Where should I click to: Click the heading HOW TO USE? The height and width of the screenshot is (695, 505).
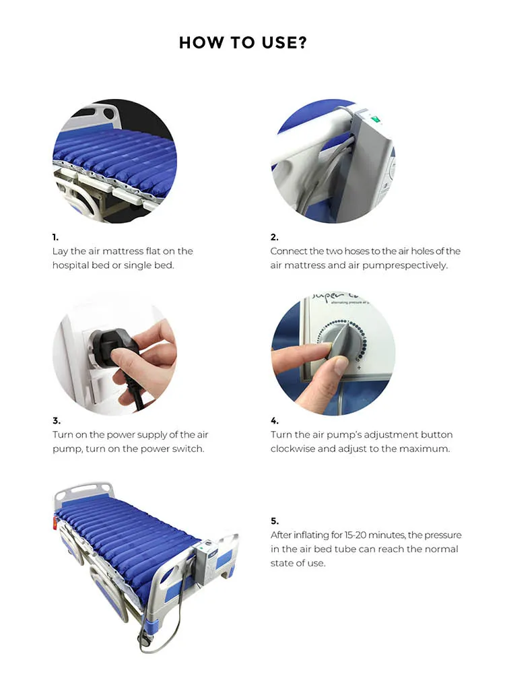[x=243, y=43]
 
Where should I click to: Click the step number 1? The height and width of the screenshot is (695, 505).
[x=55, y=237]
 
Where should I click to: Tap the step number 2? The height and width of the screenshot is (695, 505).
[x=274, y=237]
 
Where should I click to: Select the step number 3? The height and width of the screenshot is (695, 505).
[x=56, y=420]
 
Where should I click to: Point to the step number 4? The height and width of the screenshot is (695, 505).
[x=274, y=420]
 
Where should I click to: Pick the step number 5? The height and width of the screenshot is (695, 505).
[x=274, y=521]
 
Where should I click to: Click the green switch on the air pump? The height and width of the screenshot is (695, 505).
[x=374, y=121]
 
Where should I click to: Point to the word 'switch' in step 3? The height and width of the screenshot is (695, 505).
[x=188, y=449]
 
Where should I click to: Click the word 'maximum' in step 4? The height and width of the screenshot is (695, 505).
[x=427, y=449]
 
